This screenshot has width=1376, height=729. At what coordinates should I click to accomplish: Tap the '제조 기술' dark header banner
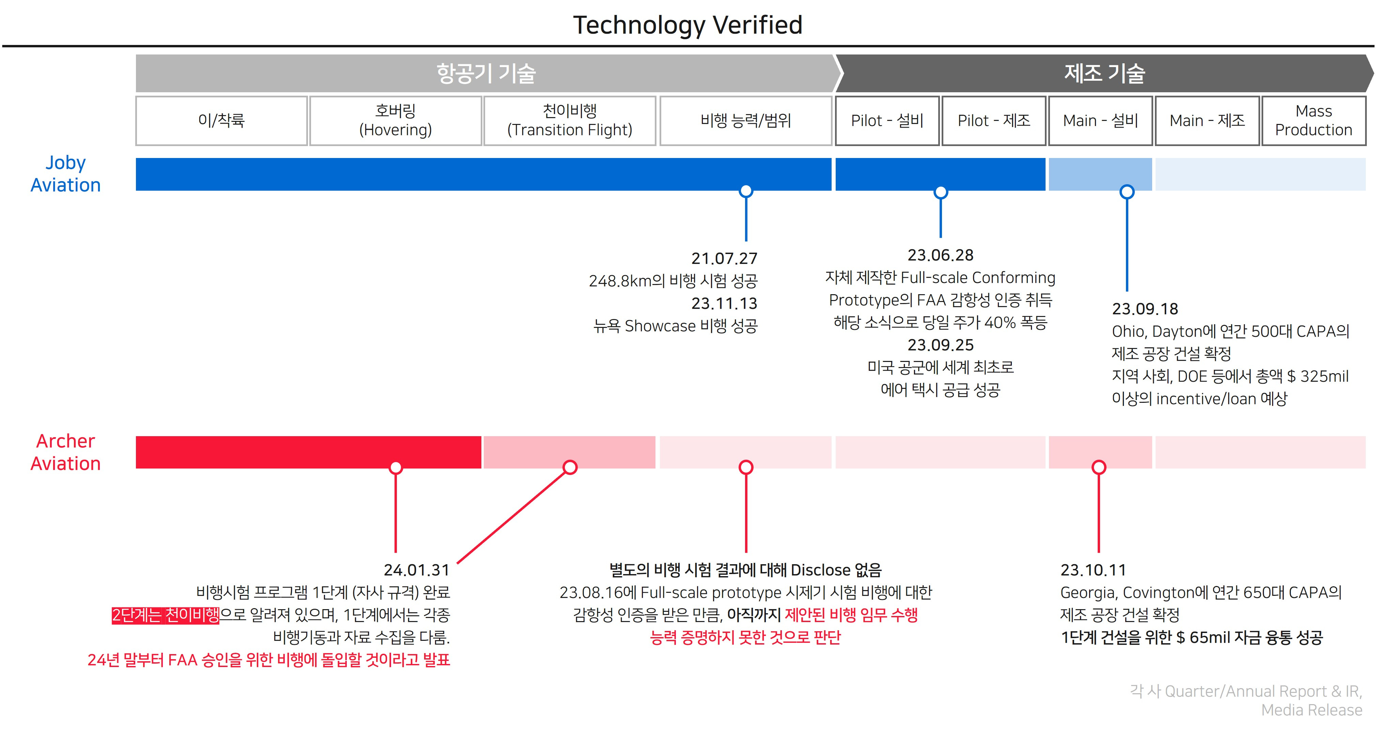pos(1104,74)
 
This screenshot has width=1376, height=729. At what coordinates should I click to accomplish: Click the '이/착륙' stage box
pos(221,121)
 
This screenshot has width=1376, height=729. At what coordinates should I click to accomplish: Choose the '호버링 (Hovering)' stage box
pos(395,121)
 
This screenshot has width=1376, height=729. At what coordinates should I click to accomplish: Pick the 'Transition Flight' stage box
pos(569,121)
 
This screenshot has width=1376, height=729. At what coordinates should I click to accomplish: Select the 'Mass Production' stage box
pos(1314,121)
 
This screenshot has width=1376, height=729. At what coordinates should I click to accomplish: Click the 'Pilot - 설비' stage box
pos(887,121)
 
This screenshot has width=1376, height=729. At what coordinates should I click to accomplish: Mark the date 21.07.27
pos(724,258)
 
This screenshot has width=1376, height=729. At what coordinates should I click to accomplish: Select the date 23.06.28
pos(940,255)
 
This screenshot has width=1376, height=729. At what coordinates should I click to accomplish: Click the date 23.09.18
pos(1145,309)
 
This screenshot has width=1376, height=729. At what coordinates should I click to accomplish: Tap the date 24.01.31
pos(417,570)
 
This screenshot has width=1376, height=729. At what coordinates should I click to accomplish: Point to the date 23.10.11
pos(1093,570)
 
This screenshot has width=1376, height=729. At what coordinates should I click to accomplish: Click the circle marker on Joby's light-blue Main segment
pos(1127,192)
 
